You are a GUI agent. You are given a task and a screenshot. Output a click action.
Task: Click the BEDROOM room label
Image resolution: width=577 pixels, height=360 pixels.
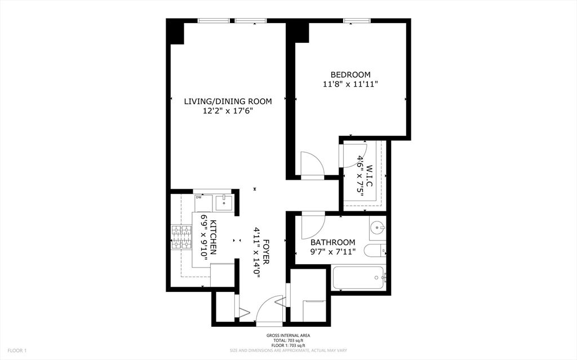[x=350, y=75]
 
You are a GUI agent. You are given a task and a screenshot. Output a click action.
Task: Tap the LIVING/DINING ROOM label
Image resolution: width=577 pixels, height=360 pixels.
[x=228, y=101]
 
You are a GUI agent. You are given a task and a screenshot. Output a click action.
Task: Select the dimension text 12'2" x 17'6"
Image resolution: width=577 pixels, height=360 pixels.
[x=228, y=111]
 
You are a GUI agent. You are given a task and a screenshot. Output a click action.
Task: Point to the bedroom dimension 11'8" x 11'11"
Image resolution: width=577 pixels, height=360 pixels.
[x=350, y=85]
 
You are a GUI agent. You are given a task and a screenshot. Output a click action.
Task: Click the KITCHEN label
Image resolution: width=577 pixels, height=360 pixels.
[x=212, y=237]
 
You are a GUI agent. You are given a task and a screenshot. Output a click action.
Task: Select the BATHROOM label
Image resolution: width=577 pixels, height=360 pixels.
[x=332, y=243]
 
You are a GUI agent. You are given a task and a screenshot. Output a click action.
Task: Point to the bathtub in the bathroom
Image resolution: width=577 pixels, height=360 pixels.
[x=358, y=278]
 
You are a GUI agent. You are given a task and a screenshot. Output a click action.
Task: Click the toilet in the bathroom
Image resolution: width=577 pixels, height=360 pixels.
[x=375, y=251]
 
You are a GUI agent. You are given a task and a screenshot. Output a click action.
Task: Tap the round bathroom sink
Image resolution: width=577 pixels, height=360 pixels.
[x=378, y=228]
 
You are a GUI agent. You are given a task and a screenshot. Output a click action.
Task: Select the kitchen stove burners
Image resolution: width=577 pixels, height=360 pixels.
[x=181, y=237]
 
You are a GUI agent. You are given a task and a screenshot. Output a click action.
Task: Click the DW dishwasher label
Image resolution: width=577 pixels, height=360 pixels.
[x=199, y=198]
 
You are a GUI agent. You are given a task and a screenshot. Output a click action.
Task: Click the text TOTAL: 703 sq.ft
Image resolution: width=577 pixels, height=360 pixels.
[x=288, y=340]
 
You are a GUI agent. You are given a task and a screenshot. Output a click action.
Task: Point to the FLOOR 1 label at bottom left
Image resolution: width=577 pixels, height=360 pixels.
[x=17, y=350]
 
